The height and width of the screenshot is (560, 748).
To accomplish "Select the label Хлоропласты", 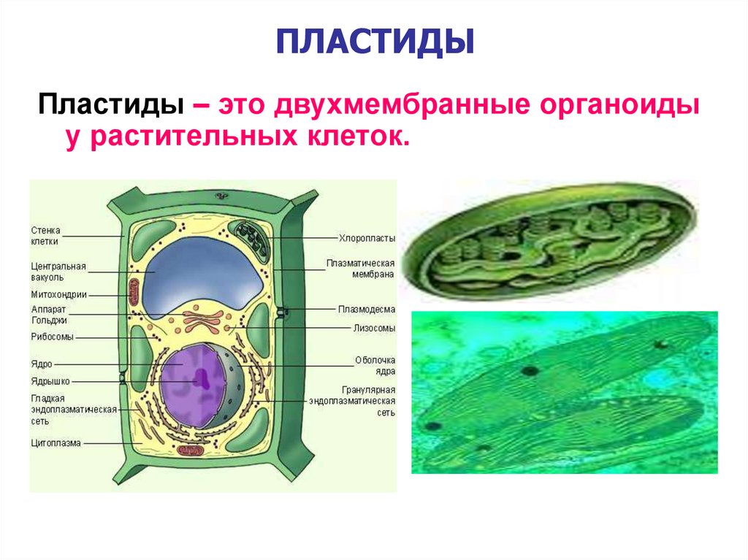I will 366,238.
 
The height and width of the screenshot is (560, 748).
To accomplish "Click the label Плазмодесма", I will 366,309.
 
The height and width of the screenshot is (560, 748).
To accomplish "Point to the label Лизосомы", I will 373,329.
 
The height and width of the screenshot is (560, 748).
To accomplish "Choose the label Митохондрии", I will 59,296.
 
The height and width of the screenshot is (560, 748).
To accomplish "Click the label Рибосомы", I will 52,337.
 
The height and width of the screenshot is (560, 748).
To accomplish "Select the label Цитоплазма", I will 56,442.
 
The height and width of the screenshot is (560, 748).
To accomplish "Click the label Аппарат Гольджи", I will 50,314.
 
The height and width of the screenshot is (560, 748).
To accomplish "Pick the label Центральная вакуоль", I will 58,272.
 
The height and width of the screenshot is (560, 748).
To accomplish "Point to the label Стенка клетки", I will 45,234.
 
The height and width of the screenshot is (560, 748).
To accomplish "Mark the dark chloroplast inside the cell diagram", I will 250,238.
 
